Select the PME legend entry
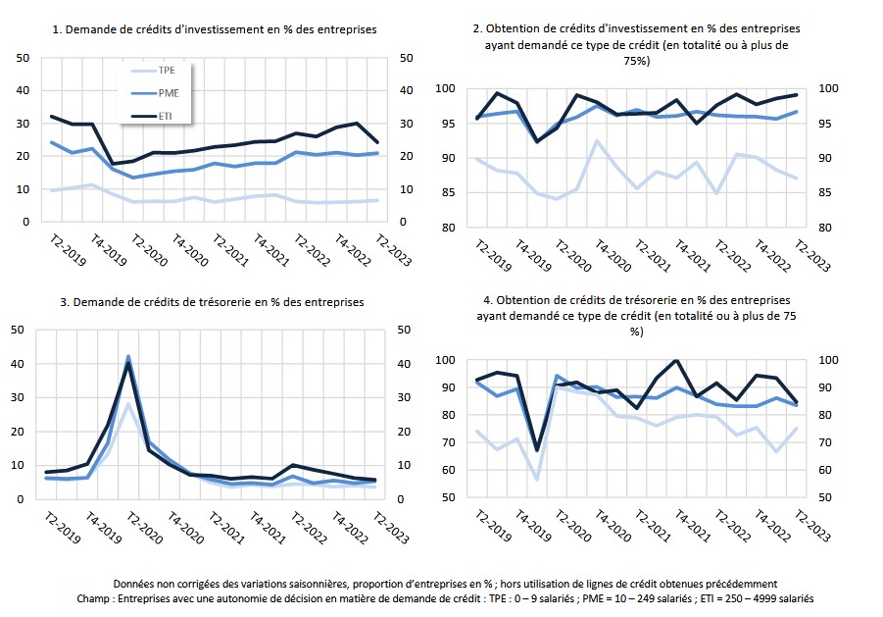(155, 93)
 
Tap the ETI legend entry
(152, 116)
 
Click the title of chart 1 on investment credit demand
(215, 29)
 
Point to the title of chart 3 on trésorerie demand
(212, 302)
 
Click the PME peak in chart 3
(127, 357)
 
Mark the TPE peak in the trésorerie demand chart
(127, 404)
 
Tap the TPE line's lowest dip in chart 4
(537, 480)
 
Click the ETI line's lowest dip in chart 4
(537, 450)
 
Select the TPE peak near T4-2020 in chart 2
(597, 141)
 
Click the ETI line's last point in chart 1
(377, 142)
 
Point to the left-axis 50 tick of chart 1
(24, 58)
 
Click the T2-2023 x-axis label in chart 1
(393, 250)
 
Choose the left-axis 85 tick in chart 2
(448, 192)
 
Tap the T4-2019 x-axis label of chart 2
(533, 256)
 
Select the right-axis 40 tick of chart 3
(404, 364)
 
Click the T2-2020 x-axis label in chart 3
(144, 528)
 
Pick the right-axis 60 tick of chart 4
(825, 470)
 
